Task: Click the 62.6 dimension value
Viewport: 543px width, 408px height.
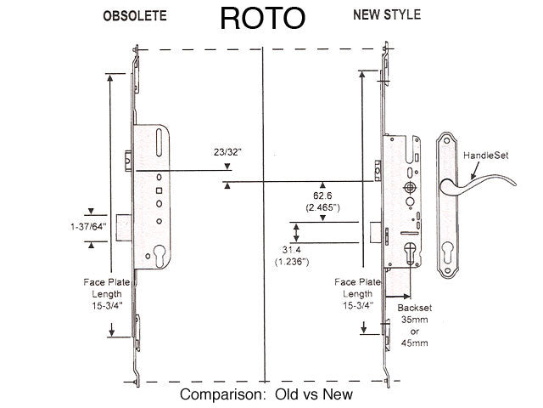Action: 323,195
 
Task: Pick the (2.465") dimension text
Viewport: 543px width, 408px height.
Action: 323,207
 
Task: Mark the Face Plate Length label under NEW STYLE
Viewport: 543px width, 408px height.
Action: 358,293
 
